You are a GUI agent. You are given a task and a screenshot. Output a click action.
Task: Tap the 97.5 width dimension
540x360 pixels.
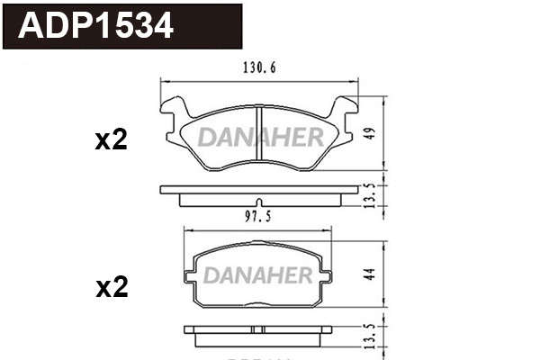[x=258, y=216]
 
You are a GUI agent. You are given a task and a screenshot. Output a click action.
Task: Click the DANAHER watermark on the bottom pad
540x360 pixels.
[x=258, y=273]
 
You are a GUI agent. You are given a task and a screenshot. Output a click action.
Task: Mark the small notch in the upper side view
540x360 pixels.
[x=259, y=202]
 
